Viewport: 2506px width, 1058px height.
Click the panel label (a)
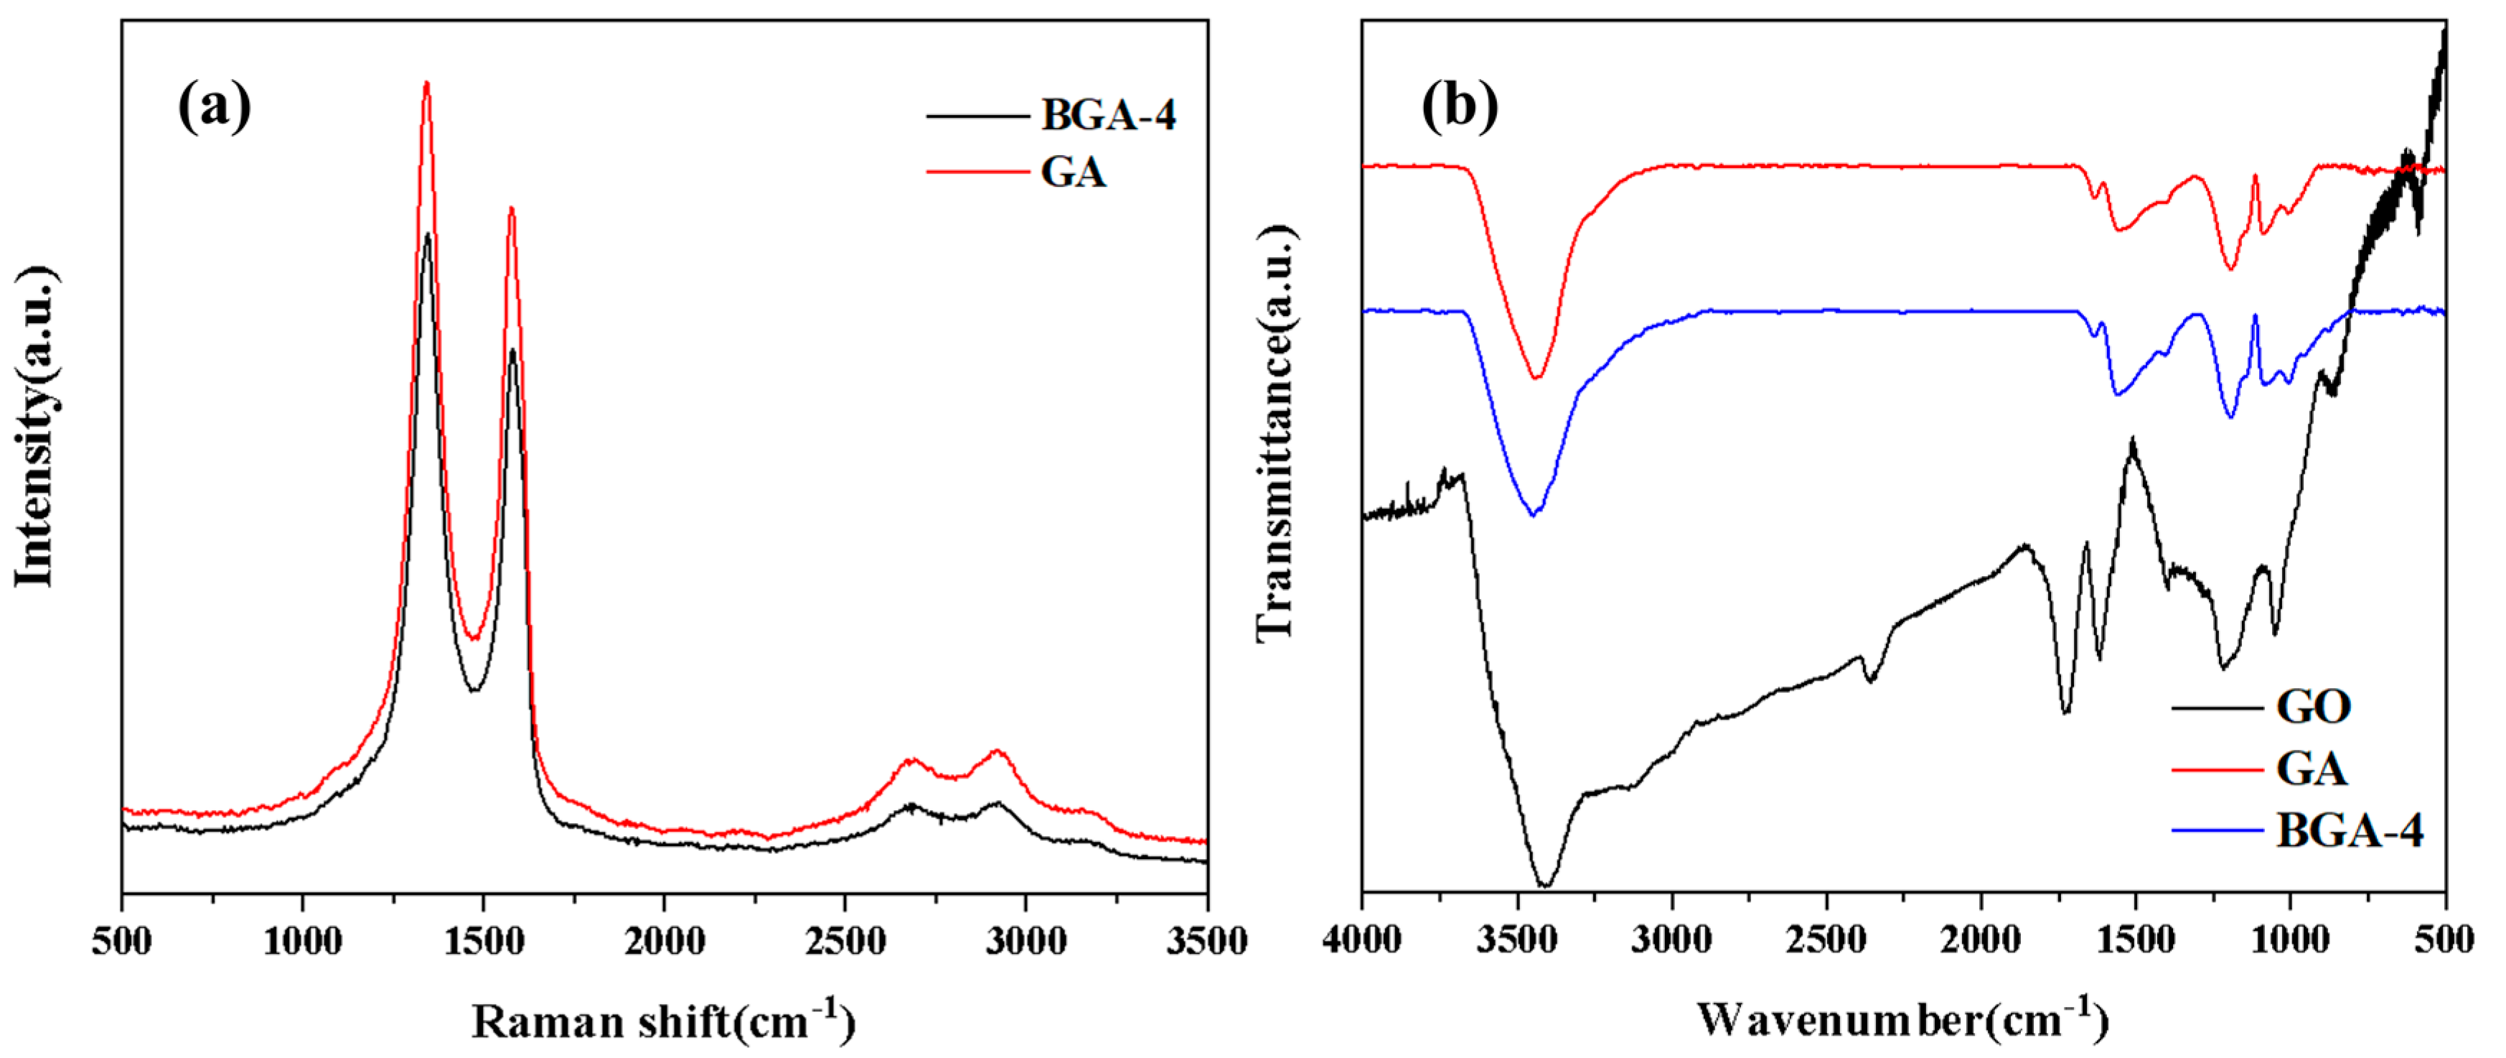[x=214, y=106]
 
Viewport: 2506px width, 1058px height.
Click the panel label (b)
[x=1459, y=106]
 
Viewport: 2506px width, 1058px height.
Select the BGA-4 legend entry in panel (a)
[x=1107, y=116]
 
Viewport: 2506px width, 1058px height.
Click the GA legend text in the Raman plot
[x=1073, y=173]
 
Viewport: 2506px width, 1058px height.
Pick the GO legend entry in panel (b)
[x=2314, y=707]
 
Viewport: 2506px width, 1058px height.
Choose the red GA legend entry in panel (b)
[x=2312, y=770]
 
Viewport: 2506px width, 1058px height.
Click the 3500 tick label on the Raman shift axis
[x=1206, y=941]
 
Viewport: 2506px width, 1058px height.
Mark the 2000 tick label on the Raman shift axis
[x=665, y=941]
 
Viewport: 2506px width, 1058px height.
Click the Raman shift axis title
[x=664, y=1021]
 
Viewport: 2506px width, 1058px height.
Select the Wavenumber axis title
[x=1902, y=1019]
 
